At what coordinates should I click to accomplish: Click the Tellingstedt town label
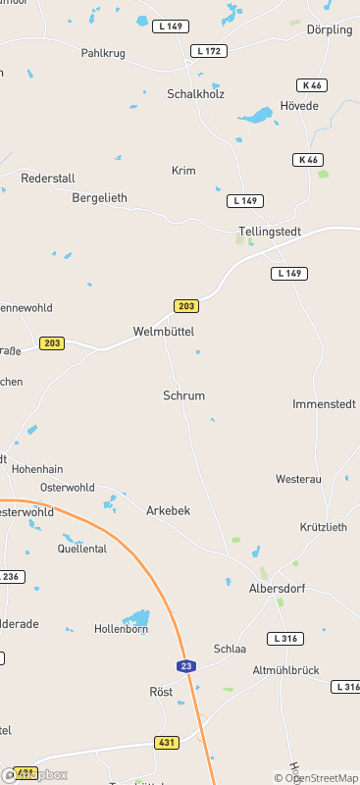(x=269, y=232)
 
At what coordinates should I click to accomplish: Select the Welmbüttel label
(x=164, y=332)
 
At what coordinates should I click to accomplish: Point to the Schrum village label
(x=183, y=395)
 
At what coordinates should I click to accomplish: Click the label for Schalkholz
(x=197, y=94)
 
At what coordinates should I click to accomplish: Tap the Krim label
(x=183, y=170)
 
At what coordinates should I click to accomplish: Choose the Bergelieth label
(x=100, y=197)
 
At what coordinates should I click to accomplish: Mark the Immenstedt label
(x=322, y=404)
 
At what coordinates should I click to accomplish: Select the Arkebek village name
(x=168, y=511)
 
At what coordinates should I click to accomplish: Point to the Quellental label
(x=82, y=549)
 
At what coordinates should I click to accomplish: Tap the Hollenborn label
(x=121, y=629)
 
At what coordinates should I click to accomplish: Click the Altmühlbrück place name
(x=286, y=669)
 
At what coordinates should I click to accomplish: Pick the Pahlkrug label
(x=103, y=53)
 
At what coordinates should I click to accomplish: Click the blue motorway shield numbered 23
(x=185, y=666)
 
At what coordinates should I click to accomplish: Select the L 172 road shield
(x=210, y=50)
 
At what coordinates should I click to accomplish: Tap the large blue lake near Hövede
(x=256, y=116)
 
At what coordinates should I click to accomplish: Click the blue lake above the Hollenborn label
(x=136, y=617)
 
